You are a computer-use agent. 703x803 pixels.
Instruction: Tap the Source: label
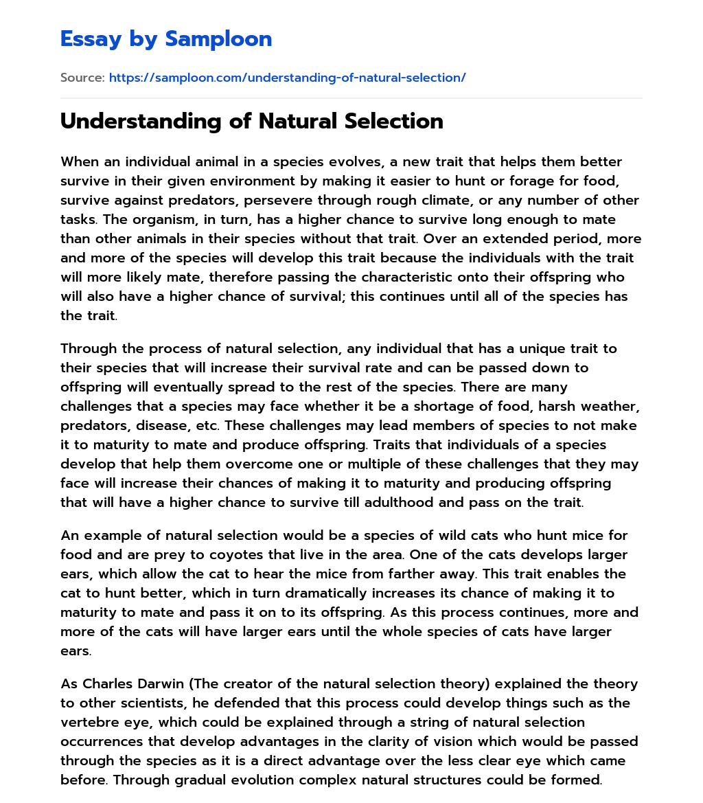82,78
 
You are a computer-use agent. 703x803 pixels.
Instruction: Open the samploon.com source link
287,78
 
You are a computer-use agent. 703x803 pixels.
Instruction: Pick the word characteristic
322,277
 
